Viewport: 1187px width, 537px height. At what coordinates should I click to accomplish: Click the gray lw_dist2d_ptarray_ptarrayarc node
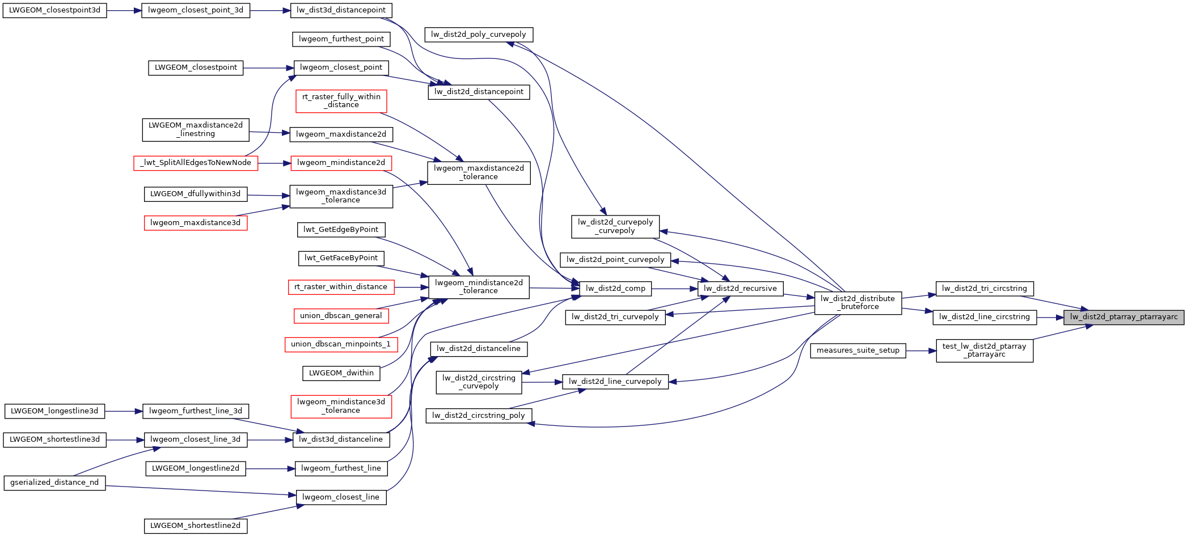pos(1123,317)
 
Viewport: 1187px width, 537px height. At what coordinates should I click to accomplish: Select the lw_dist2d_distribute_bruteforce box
pos(857,303)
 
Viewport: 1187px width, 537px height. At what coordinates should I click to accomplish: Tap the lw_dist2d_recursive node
pos(740,289)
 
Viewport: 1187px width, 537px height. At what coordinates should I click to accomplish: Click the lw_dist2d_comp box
pos(615,289)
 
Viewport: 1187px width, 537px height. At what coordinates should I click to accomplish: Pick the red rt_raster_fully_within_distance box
pos(341,101)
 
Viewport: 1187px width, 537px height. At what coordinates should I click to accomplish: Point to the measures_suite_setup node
pos(857,350)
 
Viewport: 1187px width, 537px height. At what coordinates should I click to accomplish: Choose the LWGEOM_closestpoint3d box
pos(54,10)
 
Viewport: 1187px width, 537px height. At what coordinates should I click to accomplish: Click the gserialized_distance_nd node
pos(54,483)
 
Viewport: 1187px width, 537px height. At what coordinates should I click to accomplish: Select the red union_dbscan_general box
pos(341,316)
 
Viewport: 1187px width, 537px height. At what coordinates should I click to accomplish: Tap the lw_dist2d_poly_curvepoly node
pos(479,35)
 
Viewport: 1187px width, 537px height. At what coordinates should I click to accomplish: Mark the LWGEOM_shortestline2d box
pos(195,526)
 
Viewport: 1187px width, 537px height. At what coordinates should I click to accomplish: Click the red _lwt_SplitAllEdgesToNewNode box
pos(196,163)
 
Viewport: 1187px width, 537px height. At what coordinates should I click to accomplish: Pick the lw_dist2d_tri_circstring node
pos(984,289)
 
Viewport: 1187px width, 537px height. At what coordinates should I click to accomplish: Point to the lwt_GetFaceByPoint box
pos(341,258)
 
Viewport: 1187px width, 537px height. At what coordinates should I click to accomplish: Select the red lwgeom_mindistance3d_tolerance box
pos(341,406)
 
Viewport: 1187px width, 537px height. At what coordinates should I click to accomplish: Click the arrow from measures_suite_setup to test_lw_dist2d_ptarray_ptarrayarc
pos(921,350)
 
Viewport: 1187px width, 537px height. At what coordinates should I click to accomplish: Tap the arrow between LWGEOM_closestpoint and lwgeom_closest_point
pos(268,68)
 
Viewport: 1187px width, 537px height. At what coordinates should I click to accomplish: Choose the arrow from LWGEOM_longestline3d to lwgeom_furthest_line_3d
pos(123,411)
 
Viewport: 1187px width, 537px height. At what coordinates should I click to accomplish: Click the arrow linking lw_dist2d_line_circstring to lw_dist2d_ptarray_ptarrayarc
pos(1050,318)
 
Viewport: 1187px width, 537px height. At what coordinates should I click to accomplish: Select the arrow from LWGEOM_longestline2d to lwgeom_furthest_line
pos(271,469)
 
